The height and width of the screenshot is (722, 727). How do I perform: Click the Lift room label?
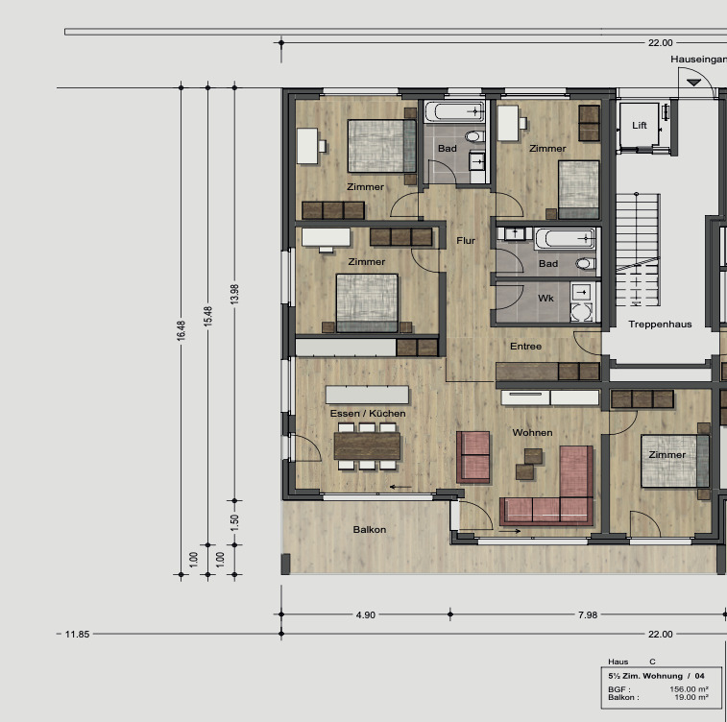(640, 126)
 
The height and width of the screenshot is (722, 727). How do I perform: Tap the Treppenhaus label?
(660, 325)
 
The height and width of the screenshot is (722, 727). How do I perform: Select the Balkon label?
(370, 530)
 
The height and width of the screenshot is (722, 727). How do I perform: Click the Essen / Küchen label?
(367, 413)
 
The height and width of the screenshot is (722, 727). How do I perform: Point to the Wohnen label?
(532, 433)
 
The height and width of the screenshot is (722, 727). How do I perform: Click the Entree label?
(525, 346)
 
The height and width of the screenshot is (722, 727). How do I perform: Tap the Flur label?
(466, 241)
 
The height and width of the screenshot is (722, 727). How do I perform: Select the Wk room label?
(545, 299)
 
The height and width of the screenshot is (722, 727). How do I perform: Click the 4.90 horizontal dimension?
(365, 614)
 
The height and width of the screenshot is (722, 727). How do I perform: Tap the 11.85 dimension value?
(77, 635)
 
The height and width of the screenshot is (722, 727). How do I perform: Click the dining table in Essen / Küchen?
(367, 445)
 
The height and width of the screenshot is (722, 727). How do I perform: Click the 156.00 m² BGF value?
(689, 689)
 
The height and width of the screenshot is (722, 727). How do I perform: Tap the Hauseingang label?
(698, 60)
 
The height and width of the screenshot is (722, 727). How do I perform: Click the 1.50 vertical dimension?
(234, 524)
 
